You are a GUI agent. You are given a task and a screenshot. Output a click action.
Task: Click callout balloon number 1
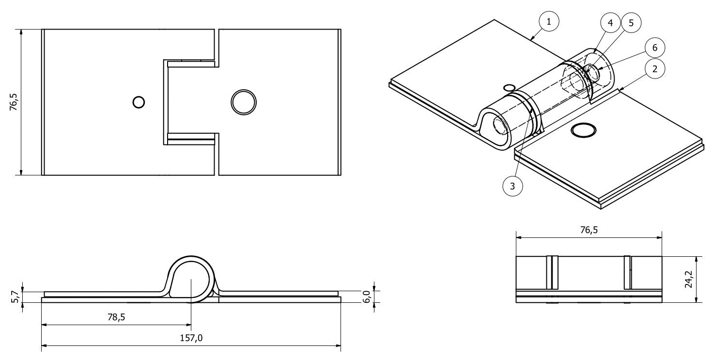pos(548,21)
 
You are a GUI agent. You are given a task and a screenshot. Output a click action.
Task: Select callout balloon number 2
pos(654,69)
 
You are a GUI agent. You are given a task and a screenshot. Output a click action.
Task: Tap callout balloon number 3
pos(513,185)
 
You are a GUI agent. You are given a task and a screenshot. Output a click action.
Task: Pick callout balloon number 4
pos(610,22)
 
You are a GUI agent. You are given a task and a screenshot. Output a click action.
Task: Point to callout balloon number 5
pos(631,22)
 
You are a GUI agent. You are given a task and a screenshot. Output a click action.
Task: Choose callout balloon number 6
pos(654,47)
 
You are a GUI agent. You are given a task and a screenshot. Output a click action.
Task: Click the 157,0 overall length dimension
pos(191,338)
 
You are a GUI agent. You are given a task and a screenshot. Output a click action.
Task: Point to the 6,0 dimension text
pos(367,297)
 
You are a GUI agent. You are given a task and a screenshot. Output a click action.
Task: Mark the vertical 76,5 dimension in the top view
pos(14,102)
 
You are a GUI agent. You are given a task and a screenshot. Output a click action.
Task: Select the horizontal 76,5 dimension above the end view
pos(588,230)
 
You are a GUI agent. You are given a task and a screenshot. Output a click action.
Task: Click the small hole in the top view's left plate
pos(139,102)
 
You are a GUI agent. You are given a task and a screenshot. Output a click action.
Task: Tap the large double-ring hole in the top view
pos(244,102)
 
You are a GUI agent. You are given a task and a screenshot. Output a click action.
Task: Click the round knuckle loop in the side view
pos(191,276)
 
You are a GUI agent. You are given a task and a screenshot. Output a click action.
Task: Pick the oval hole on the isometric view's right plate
pos(583,130)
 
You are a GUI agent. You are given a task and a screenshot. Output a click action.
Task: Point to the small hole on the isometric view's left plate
pos(509,88)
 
